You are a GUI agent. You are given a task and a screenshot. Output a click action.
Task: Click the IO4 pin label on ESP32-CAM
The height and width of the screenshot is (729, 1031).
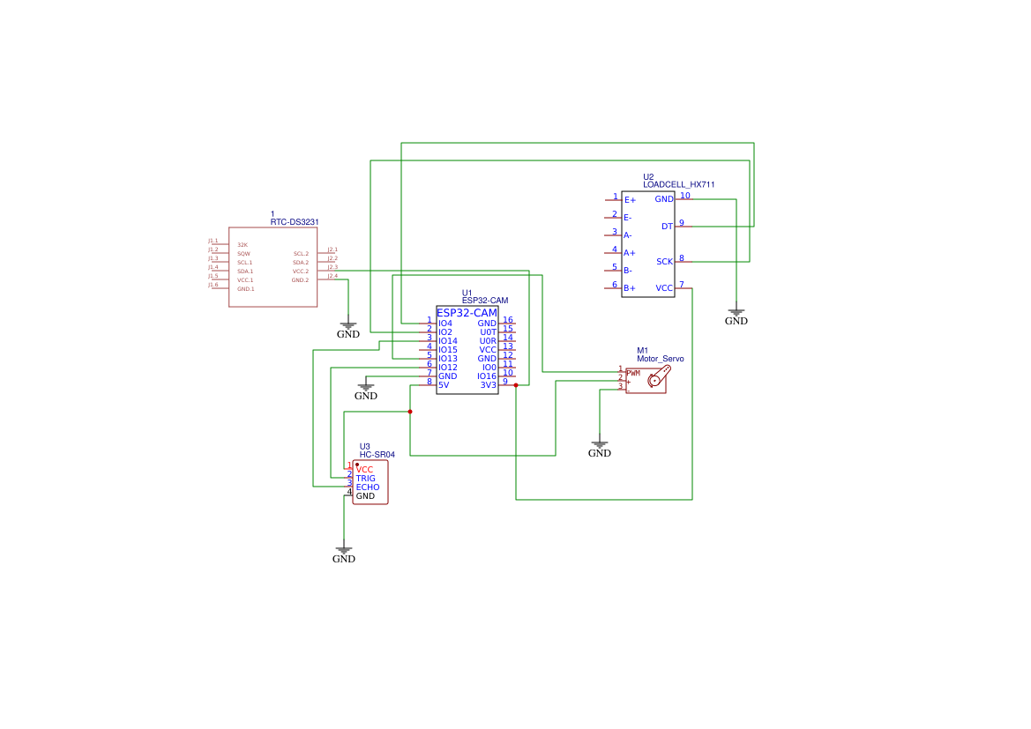(445, 324)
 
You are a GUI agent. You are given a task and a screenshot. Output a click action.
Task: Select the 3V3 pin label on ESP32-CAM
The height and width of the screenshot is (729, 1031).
(488, 385)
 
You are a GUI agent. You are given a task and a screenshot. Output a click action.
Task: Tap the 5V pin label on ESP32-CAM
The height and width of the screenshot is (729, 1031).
(444, 385)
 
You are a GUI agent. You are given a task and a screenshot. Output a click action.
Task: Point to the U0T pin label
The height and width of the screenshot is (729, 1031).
(488, 332)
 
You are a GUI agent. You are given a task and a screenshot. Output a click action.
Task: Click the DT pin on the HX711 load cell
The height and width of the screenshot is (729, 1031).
(667, 227)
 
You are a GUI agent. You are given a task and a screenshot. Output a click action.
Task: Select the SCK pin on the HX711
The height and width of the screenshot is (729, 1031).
(664, 262)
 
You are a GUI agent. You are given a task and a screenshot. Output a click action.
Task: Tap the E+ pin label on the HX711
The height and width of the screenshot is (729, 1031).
(630, 200)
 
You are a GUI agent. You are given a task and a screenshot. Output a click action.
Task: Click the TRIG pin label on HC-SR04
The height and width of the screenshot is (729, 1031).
(365, 479)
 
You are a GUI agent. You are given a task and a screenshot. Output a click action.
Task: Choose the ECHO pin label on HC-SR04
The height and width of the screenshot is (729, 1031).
(368, 487)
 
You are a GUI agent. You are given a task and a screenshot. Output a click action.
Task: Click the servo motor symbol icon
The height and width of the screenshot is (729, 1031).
(657, 379)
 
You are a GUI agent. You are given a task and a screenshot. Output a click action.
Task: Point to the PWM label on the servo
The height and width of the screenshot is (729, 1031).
(633, 373)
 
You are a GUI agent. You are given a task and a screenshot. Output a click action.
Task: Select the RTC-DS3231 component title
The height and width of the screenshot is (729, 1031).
(294, 222)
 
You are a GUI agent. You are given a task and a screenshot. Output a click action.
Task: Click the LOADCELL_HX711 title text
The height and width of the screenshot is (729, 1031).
(678, 185)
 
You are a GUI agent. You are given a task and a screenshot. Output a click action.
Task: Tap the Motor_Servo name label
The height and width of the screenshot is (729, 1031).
(660, 359)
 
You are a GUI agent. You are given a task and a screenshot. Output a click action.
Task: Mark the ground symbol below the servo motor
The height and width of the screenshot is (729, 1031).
(600, 447)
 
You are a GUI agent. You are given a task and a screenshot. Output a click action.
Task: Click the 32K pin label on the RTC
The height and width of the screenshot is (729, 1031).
(243, 245)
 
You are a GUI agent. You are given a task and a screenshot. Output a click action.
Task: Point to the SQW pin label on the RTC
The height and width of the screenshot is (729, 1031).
(243, 254)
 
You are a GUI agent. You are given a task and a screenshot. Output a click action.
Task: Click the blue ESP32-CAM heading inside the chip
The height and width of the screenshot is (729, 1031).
(467, 313)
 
